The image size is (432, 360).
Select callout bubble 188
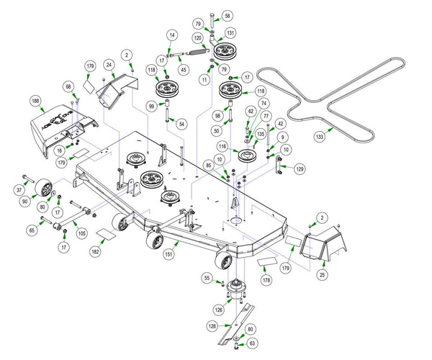(35, 101)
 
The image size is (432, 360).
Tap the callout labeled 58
(228, 15)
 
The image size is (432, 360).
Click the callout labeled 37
(19, 190)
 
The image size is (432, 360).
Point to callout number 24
(109, 64)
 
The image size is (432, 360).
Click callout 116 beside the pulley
(223, 146)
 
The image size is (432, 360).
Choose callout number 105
(81, 234)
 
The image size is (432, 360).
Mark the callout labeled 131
(230, 33)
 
